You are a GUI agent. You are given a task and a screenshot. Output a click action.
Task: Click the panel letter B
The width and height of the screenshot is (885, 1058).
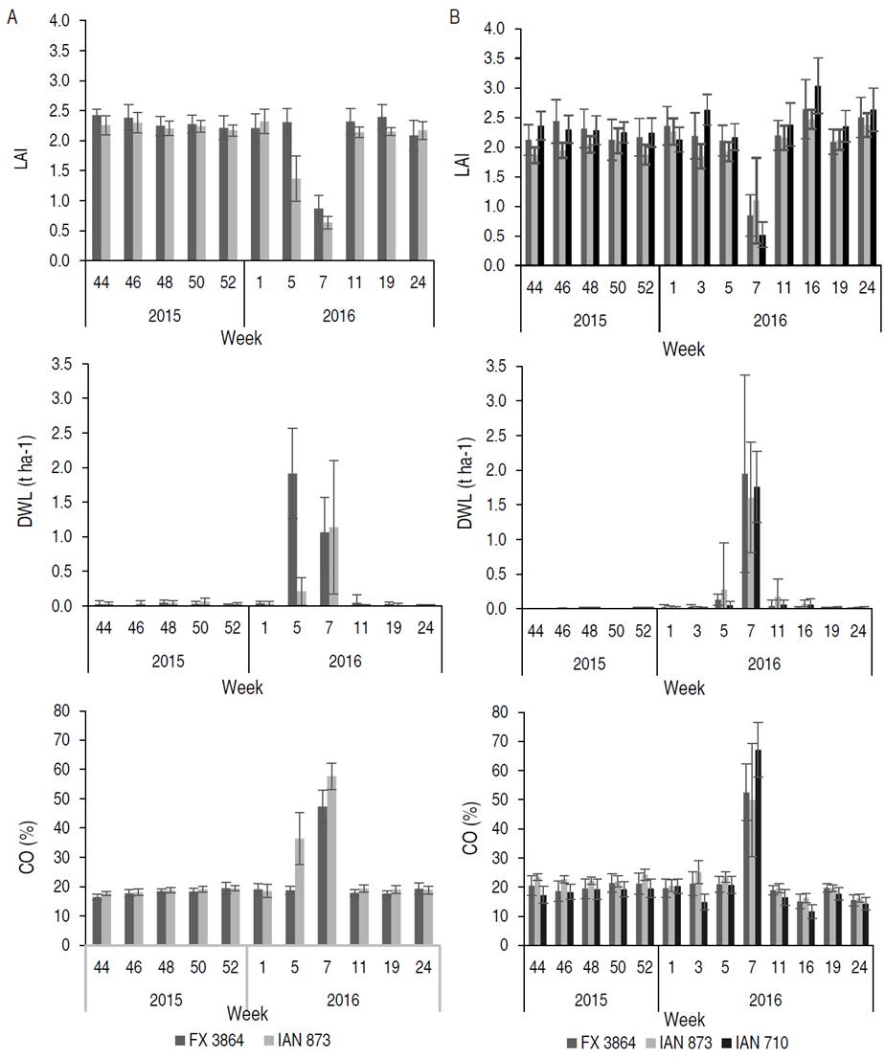click(x=454, y=16)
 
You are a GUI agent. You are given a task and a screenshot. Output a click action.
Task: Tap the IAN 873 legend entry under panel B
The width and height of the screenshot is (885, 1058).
click(x=669, y=1040)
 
